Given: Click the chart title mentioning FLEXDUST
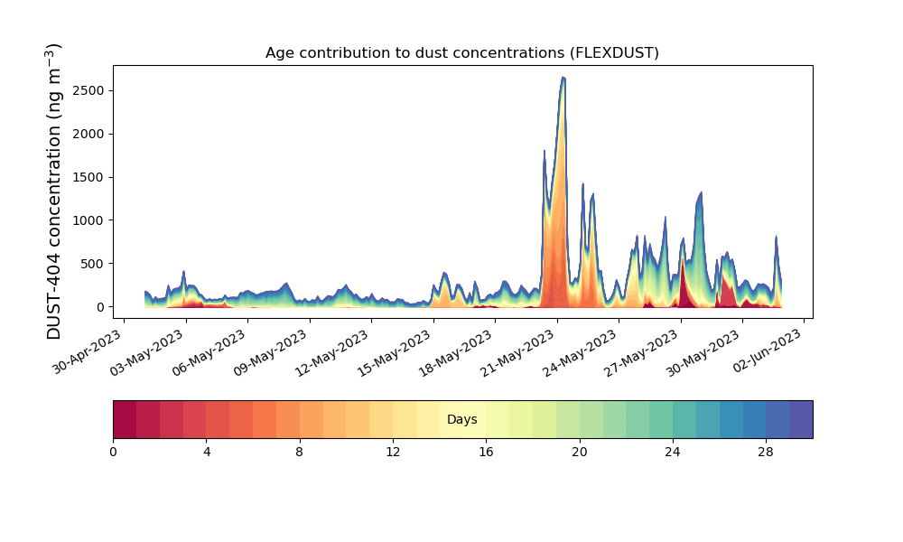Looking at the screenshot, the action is [461, 53].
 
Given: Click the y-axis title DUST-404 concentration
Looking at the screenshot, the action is [53, 192].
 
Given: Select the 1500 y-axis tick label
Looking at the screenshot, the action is [88, 177].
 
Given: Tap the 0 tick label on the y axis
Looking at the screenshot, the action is [101, 307].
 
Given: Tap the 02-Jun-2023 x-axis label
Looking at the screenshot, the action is [767, 350].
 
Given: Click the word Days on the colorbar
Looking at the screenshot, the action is [461, 419].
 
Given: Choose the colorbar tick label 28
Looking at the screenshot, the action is [766, 453].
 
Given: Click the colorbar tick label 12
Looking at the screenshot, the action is [393, 453].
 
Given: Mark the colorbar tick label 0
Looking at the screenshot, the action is [113, 453].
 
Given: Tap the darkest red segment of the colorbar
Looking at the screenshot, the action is [125, 419].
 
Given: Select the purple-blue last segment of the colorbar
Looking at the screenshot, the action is [801, 419].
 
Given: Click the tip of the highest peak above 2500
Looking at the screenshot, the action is [563, 77].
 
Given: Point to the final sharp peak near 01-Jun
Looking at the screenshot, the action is [777, 236].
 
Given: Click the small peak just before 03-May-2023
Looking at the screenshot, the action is [183, 271].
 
